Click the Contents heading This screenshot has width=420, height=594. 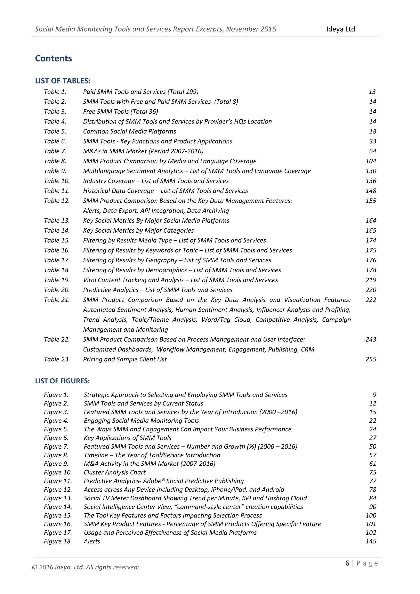(x=53, y=58)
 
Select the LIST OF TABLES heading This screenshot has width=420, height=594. (x=63, y=81)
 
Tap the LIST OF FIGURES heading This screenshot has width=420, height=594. (x=62, y=381)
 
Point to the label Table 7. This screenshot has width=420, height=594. (x=55, y=151)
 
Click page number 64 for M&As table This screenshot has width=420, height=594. (x=372, y=151)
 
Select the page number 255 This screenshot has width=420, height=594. (x=371, y=359)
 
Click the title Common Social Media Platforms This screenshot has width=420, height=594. (x=129, y=131)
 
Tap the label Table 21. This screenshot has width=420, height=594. (x=57, y=300)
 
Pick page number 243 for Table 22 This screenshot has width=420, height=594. (x=371, y=339)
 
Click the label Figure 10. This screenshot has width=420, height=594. (x=58, y=472)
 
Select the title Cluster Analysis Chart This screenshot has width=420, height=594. (x=115, y=472)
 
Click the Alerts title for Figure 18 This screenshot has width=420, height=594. (x=92, y=541)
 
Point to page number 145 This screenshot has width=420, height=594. (x=371, y=541)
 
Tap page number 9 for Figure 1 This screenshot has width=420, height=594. (x=374, y=395)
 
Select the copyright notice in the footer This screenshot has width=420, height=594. (x=85, y=567)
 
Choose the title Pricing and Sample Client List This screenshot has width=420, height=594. (x=125, y=359)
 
